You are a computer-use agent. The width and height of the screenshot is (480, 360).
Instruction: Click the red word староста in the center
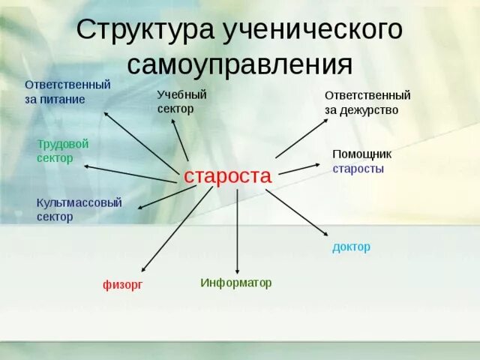click(227, 176)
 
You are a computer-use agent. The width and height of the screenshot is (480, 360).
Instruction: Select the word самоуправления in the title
click(239, 64)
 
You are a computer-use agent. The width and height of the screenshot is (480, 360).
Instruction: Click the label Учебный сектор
click(181, 101)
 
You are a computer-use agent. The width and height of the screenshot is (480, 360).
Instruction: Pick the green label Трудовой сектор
click(63, 151)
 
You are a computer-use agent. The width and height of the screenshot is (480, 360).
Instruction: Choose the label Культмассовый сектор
click(79, 209)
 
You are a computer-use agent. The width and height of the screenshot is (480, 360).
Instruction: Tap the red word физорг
click(122, 284)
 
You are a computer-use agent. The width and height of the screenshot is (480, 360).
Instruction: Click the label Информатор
click(235, 283)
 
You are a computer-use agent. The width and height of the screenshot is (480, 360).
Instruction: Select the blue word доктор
click(351, 247)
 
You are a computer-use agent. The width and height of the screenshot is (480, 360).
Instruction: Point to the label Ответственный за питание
click(67, 91)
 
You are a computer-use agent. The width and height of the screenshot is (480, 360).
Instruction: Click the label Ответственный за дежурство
click(367, 103)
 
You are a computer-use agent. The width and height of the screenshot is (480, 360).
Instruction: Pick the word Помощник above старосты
click(361, 154)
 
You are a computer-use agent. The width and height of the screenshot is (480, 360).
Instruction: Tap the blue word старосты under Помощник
click(358, 169)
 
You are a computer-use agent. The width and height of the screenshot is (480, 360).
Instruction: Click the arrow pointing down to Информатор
click(237, 232)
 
